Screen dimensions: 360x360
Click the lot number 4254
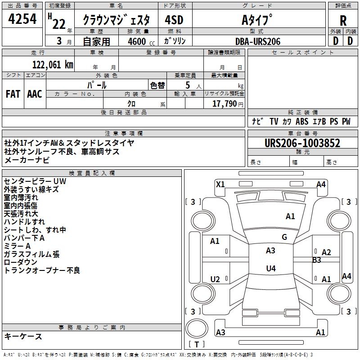click(x=23, y=19)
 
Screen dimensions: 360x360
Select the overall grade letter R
click(x=343, y=20)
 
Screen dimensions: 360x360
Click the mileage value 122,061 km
click(x=53, y=64)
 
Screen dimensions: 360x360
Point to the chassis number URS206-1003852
click(x=302, y=143)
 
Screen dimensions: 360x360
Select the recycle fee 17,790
click(x=227, y=104)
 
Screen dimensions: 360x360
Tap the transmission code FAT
click(x=13, y=94)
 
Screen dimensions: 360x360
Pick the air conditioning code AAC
click(x=35, y=94)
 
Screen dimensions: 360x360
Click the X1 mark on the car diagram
click(x=220, y=184)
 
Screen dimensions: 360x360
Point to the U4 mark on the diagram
click(x=270, y=269)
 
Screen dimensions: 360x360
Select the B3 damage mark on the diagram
click(x=317, y=260)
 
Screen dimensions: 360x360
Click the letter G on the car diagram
click(x=284, y=237)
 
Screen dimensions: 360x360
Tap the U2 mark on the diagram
click(x=216, y=279)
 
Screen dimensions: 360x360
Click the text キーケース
click(x=23, y=336)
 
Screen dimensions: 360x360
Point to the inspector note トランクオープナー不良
click(x=42, y=270)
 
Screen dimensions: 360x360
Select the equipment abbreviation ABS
click(x=302, y=121)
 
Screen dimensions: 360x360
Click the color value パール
click(x=97, y=85)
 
